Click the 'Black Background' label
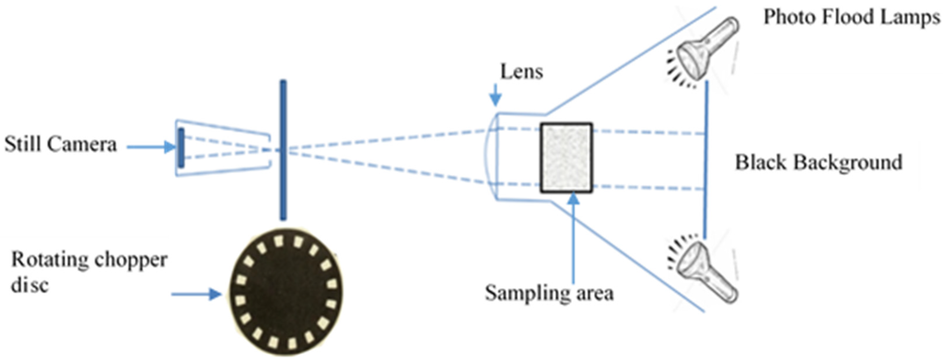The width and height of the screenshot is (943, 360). point(817,164)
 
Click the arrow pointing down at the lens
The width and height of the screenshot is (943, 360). point(495,94)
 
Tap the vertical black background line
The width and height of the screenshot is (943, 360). point(705,161)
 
